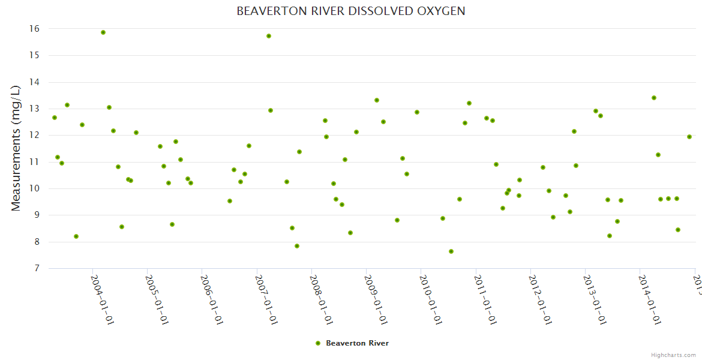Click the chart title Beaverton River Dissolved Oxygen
coord(351,11)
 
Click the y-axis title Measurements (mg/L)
coord(16,148)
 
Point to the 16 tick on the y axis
coord(34,29)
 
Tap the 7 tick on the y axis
coord(35,268)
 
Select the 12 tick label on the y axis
coord(34,135)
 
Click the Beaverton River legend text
coord(357,343)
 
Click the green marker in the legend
coord(318,343)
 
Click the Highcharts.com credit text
coord(673,355)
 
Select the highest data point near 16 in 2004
coord(103,32)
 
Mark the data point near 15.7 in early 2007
coord(269,36)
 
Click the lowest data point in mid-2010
coord(451,251)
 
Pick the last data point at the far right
coord(689,137)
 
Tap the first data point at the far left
coord(55,118)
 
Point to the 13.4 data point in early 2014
coord(654,98)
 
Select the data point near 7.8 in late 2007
coord(297,246)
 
